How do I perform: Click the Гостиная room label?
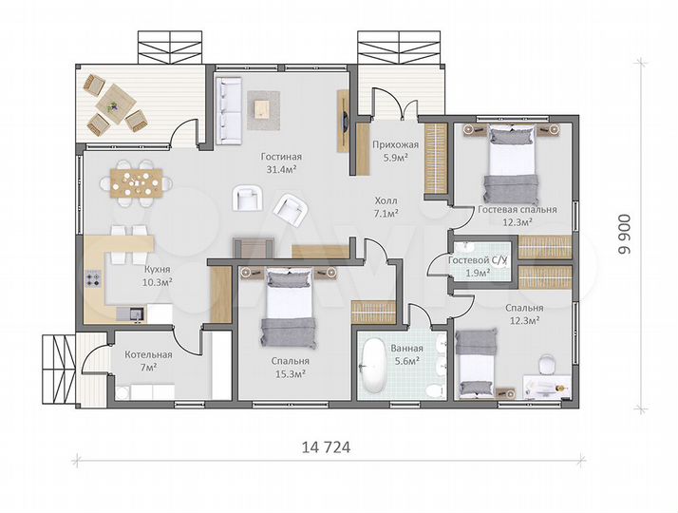[281, 157]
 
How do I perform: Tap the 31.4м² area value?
[281, 169]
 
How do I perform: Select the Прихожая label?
[396, 144]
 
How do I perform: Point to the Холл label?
[386, 200]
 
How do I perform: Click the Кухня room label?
[158, 269]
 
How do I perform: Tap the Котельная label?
[148, 354]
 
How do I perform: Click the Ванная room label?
[406, 349]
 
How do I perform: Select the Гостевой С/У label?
[478, 260]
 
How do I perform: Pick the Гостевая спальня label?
[518, 209]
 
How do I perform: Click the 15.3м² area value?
[291, 373]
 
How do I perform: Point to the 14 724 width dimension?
[326, 447]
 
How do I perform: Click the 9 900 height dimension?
[624, 235]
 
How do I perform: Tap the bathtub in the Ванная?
[373, 366]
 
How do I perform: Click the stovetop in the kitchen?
[92, 279]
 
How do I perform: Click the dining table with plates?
[136, 183]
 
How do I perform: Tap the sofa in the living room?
[228, 111]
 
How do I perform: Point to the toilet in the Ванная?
[435, 390]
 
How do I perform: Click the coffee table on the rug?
[262, 108]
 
